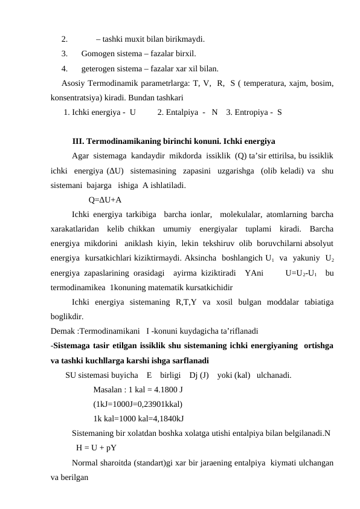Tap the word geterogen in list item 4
coord(98,68)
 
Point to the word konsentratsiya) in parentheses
coord(78,97)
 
